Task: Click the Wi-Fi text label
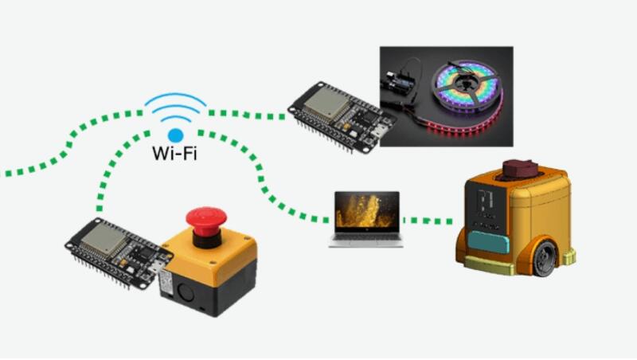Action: click(x=174, y=152)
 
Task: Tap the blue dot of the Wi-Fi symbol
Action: click(x=175, y=136)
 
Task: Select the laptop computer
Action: click(x=366, y=219)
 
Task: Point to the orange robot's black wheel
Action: click(x=547, y=258)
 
